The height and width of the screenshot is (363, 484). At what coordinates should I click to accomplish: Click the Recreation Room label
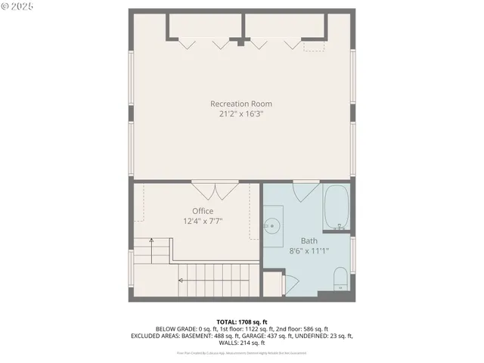point(241,104)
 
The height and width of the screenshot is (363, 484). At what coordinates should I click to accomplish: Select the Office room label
point(202,211)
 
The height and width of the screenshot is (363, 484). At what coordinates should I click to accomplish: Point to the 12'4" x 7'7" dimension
point(202,221)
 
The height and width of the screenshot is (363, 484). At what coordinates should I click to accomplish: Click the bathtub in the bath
point(337,207)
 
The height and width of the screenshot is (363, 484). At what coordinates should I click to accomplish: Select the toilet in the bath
point(340,278)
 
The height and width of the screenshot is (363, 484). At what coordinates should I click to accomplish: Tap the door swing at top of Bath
point(305,190)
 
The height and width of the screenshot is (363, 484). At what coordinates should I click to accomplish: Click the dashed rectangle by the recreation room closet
point(315,45)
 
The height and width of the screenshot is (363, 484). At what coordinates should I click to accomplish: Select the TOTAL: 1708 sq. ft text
point(242,321)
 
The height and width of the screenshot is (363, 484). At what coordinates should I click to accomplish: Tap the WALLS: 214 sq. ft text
point(242,343)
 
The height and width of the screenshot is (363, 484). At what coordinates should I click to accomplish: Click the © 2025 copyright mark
point(17,6)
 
